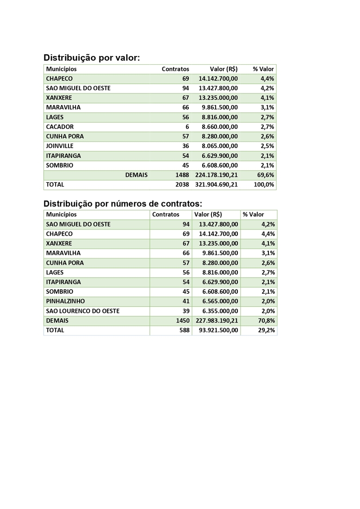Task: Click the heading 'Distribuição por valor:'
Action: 92,58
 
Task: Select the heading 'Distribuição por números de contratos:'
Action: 123,204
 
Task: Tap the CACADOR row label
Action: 60,127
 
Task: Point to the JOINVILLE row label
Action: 60,146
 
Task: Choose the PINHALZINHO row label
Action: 65,301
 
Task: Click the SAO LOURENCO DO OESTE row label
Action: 83,311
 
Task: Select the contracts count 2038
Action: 182,185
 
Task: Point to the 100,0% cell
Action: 265,185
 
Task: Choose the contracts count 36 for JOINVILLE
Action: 186,146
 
